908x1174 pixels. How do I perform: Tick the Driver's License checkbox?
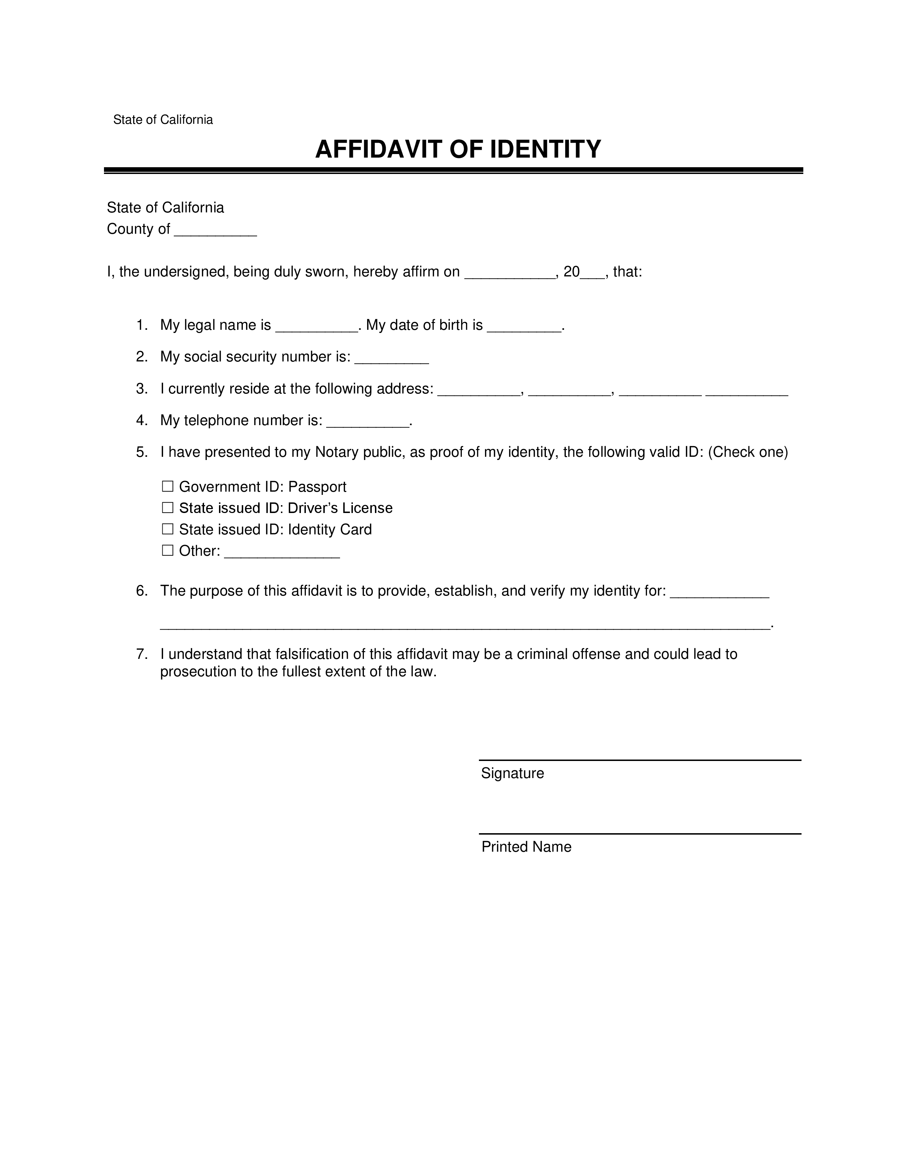click(168, 508)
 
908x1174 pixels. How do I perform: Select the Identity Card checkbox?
click(168, 529)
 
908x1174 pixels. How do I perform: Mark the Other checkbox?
click(168, 550)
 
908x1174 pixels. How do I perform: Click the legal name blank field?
click(317, 327)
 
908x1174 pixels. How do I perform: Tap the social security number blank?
click(392, 359)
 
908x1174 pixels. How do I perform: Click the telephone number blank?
click(368, 423)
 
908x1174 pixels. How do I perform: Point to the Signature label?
click(512, 773)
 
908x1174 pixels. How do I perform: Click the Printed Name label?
click(526, 847)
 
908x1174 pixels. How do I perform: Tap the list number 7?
click(141, 654)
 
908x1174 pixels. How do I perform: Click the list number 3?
click(141, 388)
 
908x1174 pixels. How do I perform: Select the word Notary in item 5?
click(337, 453)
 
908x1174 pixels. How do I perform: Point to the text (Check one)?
click(748, 453)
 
